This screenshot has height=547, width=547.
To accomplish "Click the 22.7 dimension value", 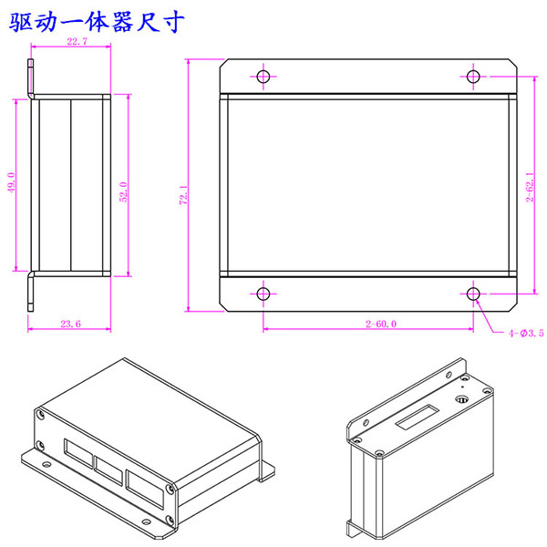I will click(77, 43).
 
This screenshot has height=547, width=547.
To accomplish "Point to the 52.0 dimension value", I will click(122, 192).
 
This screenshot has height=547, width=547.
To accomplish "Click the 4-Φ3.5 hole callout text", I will click(526, 334).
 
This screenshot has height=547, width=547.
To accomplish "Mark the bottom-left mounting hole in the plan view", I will click(263, 294).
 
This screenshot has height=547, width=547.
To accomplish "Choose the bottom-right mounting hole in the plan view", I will click(473, 294).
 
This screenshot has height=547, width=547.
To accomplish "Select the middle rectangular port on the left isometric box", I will click(109, 469).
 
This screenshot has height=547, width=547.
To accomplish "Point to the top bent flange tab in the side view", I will click(31, 77).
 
